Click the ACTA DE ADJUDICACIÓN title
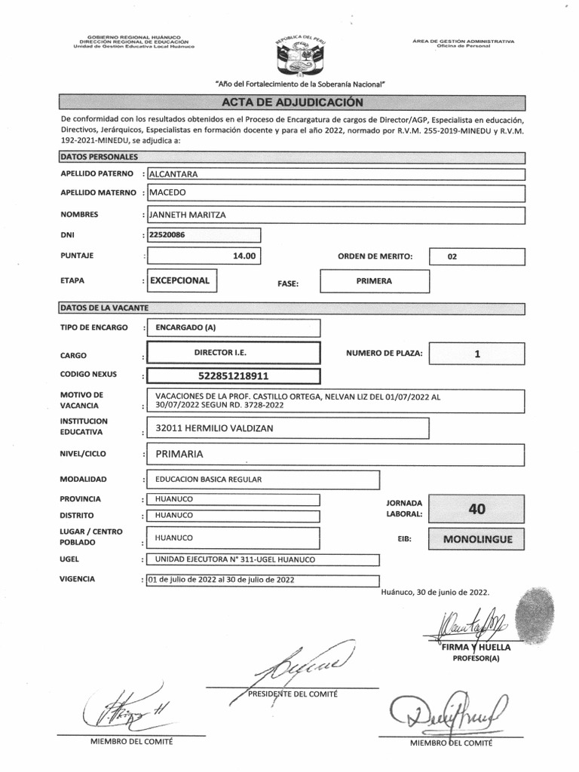(292, 103)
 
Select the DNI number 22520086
(168, 235)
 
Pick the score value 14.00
(244, 256)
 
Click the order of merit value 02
(452, 257)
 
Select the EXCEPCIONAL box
(179, 280)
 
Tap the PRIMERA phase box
(374, 281)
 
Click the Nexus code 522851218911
(232, 375)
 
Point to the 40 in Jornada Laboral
(476, 509)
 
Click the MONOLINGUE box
(476, 540)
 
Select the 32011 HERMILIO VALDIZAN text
(214, 428)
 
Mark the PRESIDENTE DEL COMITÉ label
(293, 693)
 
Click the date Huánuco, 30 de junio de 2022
(436, 593)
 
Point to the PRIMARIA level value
(179, 455)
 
